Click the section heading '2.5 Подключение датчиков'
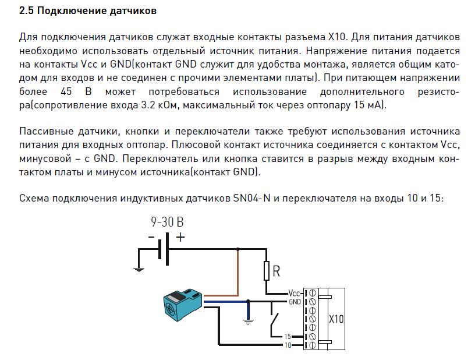[88, 11]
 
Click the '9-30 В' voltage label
[167, 222]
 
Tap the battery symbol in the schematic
[163, 249]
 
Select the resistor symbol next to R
[267, 271]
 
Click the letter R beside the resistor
[277, 271]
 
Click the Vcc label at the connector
[294, 293]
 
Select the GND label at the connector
[295, 302]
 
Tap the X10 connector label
[336, 319]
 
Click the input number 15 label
[288, 336]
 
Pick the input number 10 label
[288, 345]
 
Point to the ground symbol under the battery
[139, 270]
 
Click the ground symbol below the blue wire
[248, 322]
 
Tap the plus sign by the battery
[180, 237]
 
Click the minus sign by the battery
[151, 237]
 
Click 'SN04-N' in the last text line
[251, 198]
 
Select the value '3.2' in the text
[148, 105]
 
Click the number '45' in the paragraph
[66, 91]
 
